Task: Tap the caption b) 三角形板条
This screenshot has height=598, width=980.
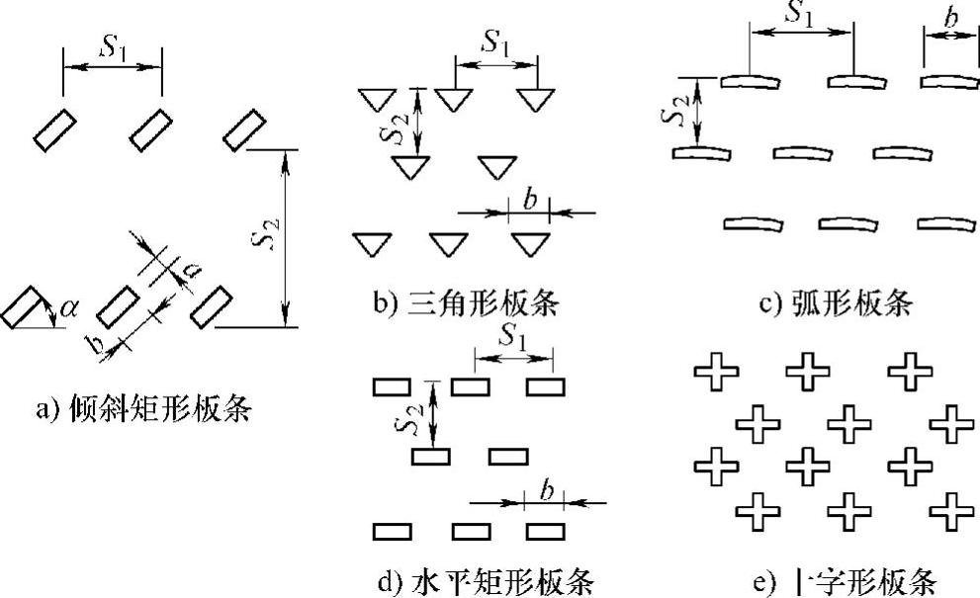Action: tap(465, 303)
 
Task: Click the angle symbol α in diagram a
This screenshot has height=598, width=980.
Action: tap(68, 309)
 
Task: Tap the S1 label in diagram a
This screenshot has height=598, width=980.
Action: tap(112, 44)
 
